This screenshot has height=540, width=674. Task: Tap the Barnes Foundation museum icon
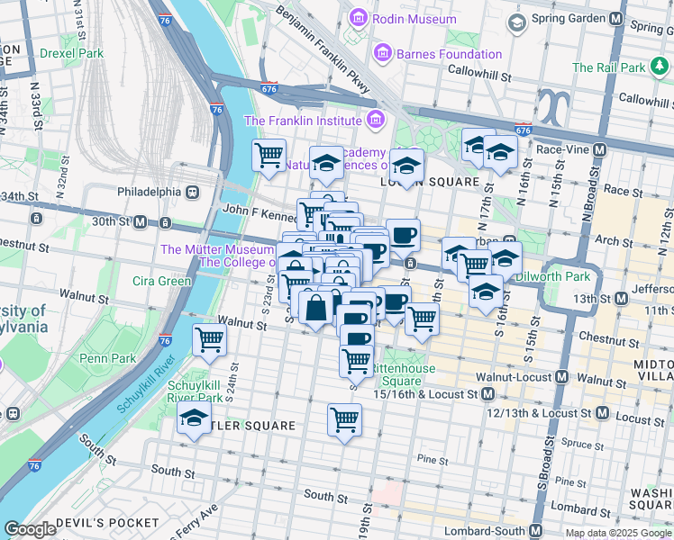[381, 54]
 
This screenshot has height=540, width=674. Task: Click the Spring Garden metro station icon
[616, 18]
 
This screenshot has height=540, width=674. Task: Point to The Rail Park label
[609, 67]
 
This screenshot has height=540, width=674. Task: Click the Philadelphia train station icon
[192, 192]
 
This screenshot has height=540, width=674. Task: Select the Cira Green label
[163, 281]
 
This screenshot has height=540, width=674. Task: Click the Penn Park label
[108, 358]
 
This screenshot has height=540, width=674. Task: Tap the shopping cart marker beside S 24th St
[210, 341]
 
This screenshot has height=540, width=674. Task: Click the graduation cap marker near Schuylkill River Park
[194, 418]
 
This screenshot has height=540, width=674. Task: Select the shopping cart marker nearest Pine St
[345, 419]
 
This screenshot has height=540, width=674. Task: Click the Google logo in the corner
[31, 529]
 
